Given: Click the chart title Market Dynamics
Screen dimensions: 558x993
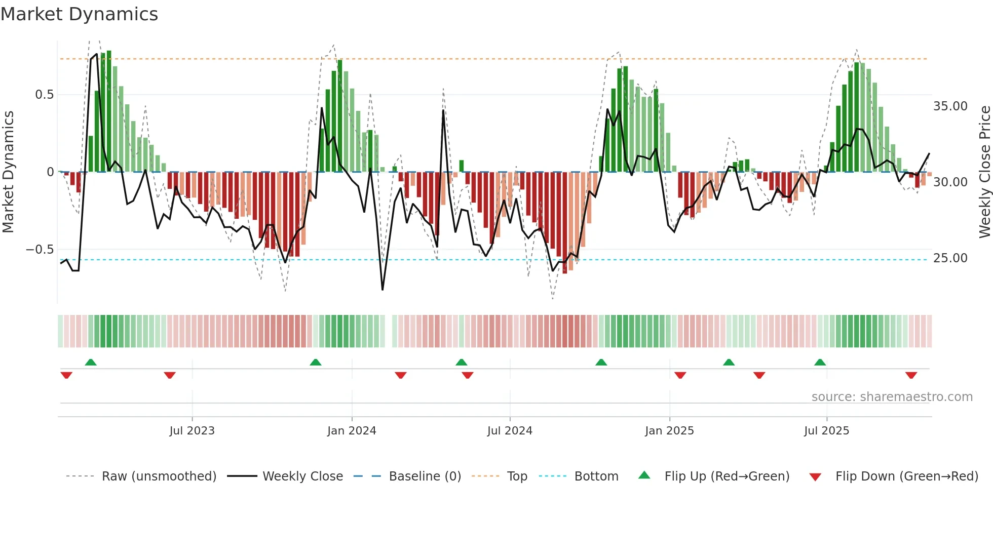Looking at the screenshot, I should [x=79, y=14].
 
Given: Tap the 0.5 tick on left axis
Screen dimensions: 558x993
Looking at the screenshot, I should [x=44, y=95].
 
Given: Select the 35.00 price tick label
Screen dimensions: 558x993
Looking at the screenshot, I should [x=950, y=106].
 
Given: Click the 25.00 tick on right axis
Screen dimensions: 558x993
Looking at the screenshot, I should [x=950, y=258].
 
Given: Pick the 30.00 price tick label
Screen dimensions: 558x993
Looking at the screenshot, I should [x=950, y=182].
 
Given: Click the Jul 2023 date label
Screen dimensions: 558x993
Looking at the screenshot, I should [x=192, y=431].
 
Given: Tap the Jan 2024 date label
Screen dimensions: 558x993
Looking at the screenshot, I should [x=352, y=431].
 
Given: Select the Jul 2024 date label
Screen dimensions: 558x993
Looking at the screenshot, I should [x=510, y=431].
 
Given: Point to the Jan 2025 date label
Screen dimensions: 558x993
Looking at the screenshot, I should [x=669, y=431].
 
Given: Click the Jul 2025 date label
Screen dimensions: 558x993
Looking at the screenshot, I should [x=826, y=431].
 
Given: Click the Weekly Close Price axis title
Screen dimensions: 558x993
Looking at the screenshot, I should [x=984, y=172].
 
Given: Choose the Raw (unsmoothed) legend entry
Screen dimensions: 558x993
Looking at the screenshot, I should [x=159, y=476].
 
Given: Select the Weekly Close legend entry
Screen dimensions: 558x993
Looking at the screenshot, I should [x=302, y=476].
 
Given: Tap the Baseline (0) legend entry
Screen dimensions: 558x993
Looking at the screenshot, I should [x=425, y=476].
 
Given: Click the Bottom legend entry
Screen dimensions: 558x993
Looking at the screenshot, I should [x=596, y=476].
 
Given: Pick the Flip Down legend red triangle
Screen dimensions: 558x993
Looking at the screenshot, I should [x=815, y=477].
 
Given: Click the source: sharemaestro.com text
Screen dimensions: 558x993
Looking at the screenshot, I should [x=892, y=397].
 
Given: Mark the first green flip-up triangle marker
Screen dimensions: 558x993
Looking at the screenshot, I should [x=91, y=363].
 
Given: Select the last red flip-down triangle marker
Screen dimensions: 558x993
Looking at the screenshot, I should [x=911, y=375].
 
